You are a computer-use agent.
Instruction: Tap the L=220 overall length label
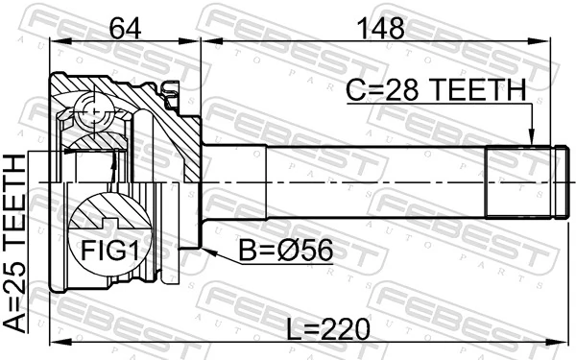pyautogui.click(x=328, y=329)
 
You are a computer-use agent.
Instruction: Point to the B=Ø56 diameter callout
pyautogui.click(x=285, y=251)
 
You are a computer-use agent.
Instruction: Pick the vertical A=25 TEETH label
pyautogui.click(x=17, y=245)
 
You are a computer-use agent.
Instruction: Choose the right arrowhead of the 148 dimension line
pyautogui.click(x=553, y=40)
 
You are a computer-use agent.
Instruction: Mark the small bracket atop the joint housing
pyautogui.click(x=173, y=93)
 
